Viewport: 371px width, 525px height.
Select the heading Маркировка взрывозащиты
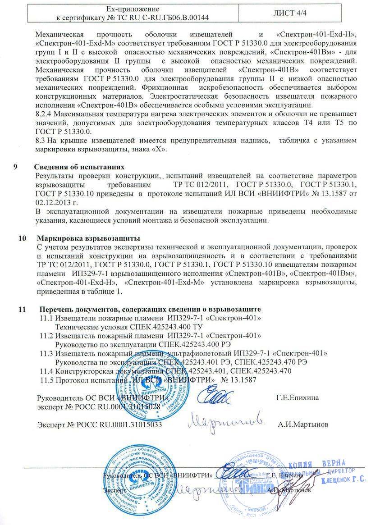[88, 237]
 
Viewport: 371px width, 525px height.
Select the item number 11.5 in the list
[47, 379]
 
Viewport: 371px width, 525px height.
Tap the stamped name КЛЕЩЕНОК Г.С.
[344, 480]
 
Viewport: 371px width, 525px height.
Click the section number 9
[16, 165]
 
